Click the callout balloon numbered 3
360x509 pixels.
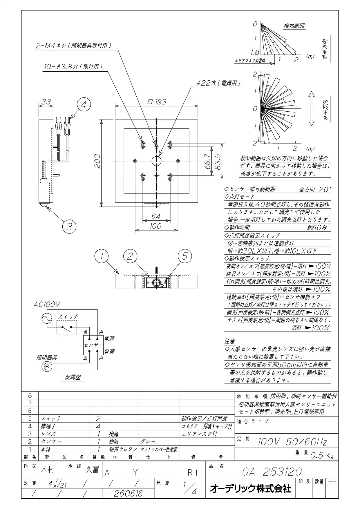point(69,226)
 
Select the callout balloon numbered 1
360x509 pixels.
point(101,256)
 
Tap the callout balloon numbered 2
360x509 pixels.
point(130,256)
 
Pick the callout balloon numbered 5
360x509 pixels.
point(185,256)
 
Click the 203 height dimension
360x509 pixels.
point(97,162)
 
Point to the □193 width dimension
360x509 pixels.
point(157,102)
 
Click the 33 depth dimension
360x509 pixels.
point(46,102)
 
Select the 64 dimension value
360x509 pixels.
point(156,217)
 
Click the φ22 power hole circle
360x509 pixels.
point(156,160)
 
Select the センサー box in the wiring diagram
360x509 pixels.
point(93,345)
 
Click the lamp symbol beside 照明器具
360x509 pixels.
point(47,367)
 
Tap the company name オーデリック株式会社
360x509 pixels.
point(250,489)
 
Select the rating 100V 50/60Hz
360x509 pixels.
point(292,442)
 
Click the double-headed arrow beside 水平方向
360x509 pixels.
point(311,108)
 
